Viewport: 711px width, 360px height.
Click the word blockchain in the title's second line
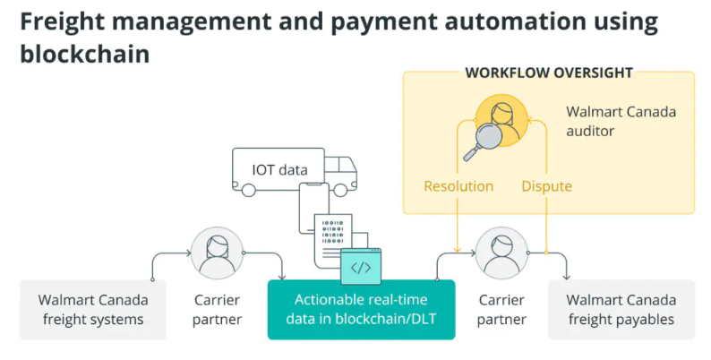point(84,54)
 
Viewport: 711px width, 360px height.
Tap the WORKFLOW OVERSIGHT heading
point(549,73)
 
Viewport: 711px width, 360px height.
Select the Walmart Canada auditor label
point(621,122)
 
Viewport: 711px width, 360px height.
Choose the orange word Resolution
point(458,186)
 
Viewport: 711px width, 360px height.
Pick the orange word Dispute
point(546,186)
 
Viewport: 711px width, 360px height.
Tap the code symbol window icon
point(361,267)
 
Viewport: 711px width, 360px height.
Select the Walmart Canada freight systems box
point(93,309)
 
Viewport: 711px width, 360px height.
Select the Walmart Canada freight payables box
point(621,309)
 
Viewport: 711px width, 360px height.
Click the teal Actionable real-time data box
point(361,309)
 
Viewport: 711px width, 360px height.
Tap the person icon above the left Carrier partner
point(215,252)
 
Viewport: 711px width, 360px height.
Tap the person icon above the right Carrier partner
point(501,252)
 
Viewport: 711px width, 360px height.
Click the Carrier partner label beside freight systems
point(215,309)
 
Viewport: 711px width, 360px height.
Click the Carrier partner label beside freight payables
point(501,309)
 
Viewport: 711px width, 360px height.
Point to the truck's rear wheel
point(248,189)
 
